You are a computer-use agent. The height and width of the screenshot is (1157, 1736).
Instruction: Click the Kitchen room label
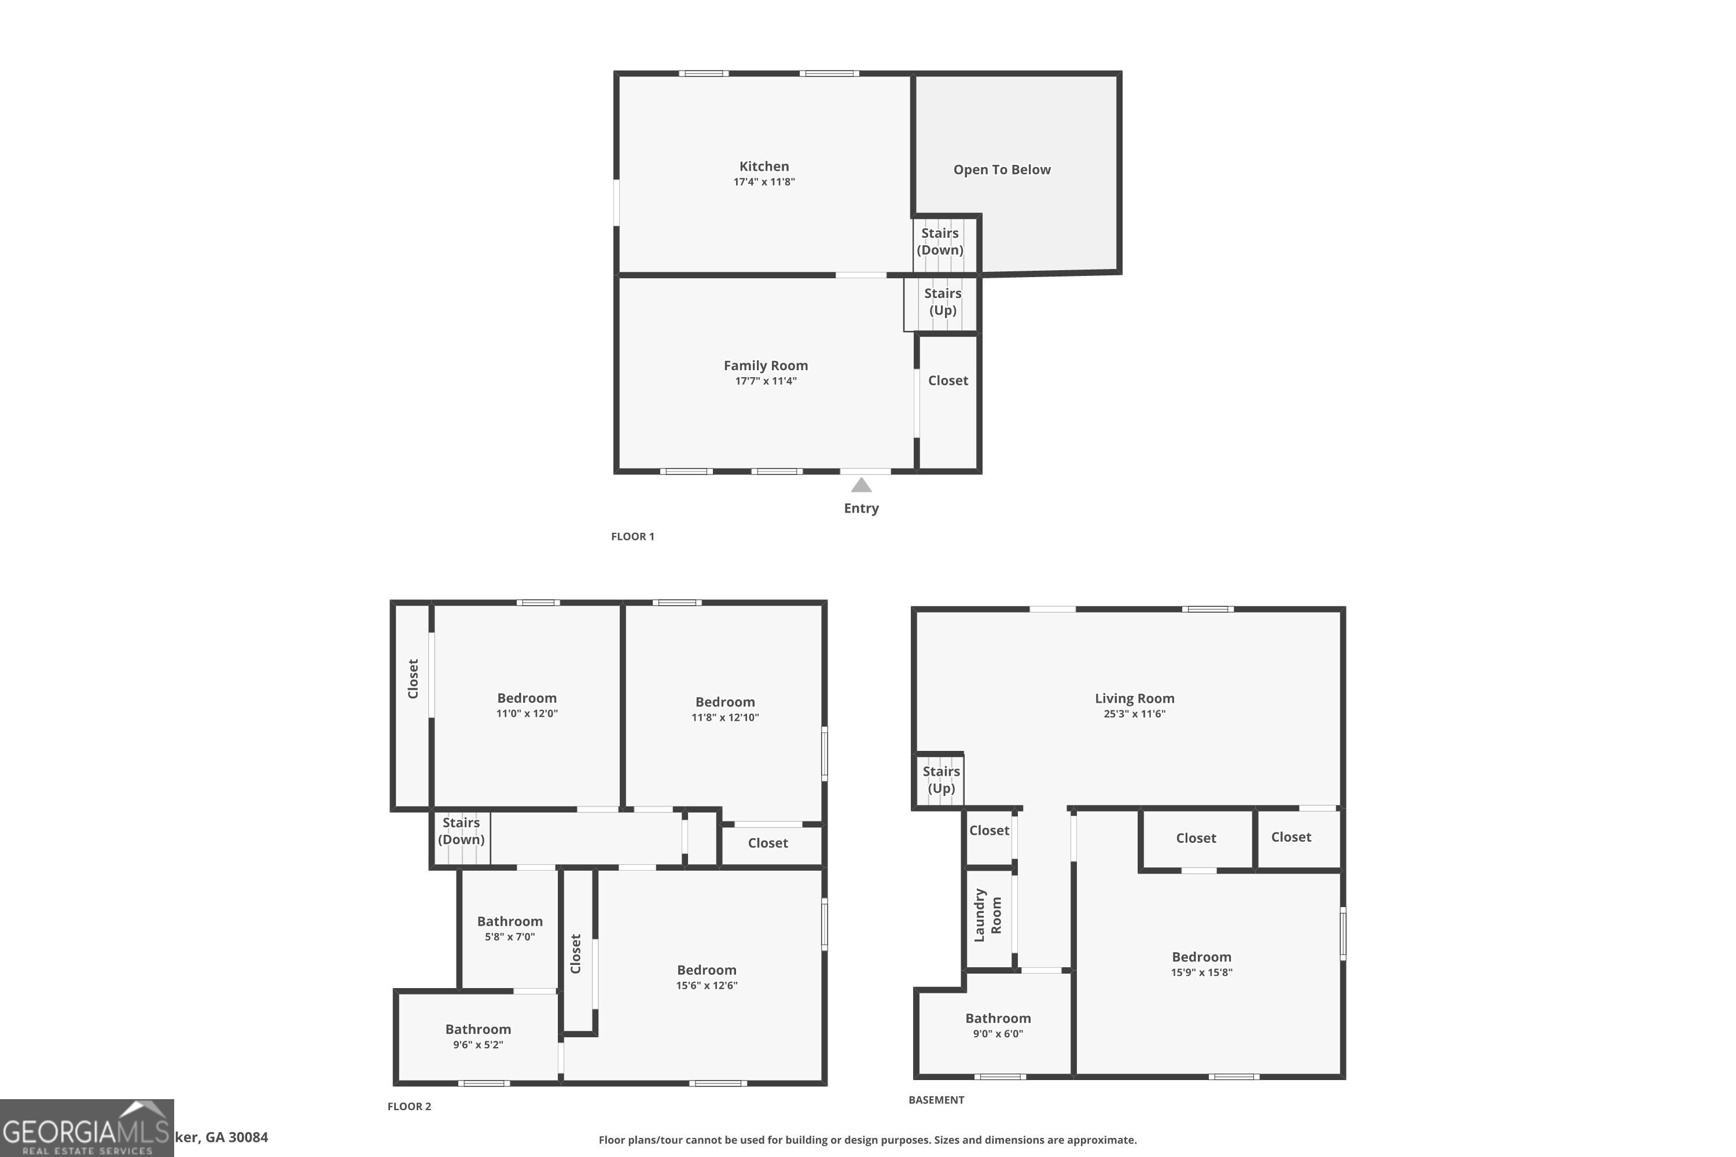click(764, 167)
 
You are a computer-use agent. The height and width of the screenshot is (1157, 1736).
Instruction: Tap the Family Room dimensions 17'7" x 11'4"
click(766, 381)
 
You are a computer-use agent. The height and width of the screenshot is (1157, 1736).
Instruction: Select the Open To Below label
click(1002, 170)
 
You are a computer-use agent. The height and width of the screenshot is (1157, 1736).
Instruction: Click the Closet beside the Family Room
click(948, 381)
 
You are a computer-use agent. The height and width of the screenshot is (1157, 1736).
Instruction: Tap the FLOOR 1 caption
click(632, 536)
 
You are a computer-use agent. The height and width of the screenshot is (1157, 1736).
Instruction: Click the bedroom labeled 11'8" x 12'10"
click(725, 708)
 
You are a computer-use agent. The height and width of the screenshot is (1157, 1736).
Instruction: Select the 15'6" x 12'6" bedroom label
click(707, 977)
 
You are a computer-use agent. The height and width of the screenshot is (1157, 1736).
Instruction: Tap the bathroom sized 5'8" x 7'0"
click(509, 928)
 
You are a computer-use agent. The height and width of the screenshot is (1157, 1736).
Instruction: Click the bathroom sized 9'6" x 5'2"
click(477, 1036)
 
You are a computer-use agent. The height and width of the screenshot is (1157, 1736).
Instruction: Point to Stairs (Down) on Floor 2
click(461, 831)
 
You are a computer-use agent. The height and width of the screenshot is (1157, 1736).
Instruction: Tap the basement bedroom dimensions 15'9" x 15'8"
click(1201, 972)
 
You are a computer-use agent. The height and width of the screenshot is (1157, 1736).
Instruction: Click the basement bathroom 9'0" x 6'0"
click(998, 1025)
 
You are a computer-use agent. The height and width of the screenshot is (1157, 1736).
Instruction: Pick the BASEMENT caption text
click(936, 1100)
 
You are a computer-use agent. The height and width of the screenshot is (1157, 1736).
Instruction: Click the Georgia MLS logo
click(86, 1128)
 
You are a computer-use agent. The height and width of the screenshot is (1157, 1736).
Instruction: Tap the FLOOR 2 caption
click(409, 1106)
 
